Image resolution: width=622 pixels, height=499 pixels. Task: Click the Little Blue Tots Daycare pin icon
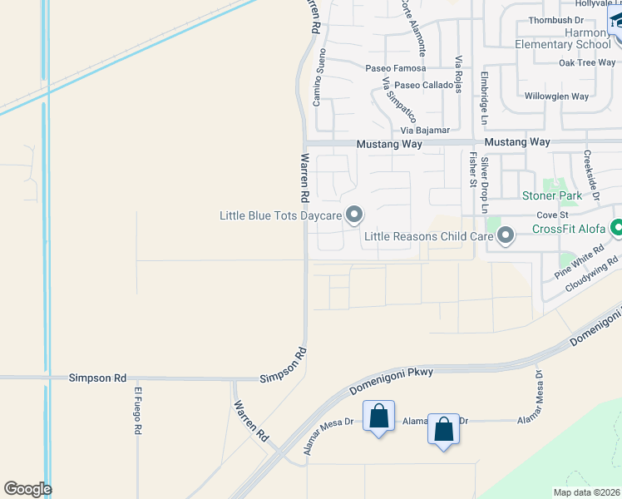click(x=354, y=215)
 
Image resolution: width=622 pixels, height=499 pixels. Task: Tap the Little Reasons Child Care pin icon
click(x=505, y=237)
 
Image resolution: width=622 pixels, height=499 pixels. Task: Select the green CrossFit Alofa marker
click(x=617, y=227)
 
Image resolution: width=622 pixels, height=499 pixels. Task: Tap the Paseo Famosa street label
click(x=397, y=67)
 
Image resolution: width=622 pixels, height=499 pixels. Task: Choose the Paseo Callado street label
click(x=424, y=86)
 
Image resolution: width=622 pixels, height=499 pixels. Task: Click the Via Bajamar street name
click(x=425, y=131)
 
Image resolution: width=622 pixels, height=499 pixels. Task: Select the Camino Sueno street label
click(x=318, y=77)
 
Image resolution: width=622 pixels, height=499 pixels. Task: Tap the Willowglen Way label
click(x=556, y=96)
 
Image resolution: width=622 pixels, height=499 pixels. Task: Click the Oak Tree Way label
click(x=587, y=62)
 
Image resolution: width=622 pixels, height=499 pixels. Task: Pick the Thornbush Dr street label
click(x=555, y=19)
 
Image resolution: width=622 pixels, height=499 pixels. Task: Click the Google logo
click(x=27, y=489)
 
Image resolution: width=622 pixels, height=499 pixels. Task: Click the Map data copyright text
click(x=586, y=492)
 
